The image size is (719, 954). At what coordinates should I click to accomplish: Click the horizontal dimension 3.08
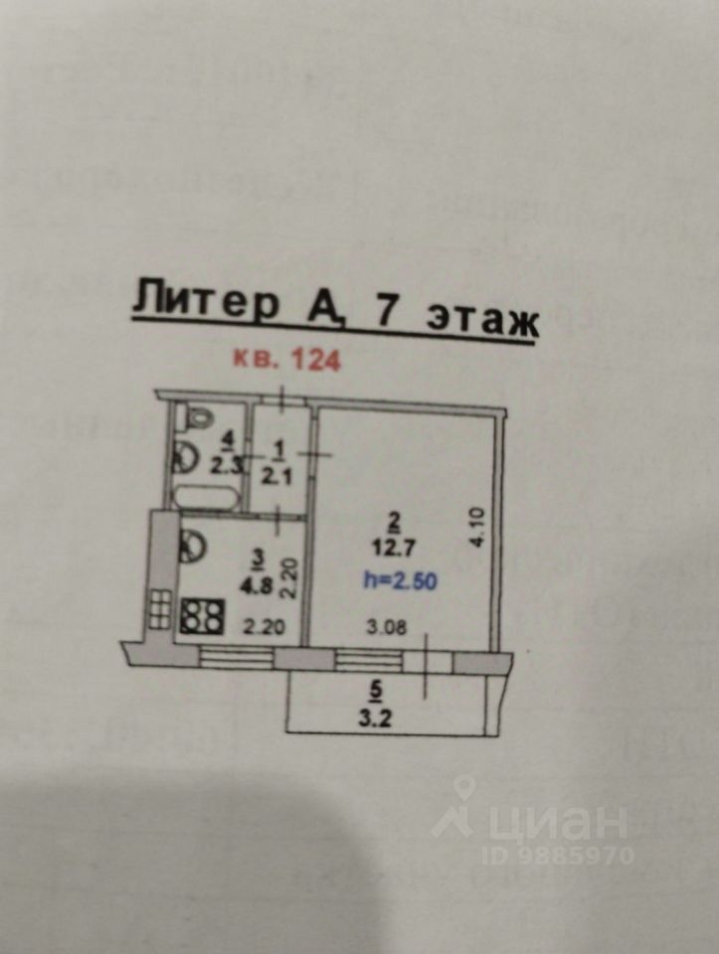[x=387, y=626]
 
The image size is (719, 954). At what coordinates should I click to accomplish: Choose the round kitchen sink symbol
[x=193, y=545]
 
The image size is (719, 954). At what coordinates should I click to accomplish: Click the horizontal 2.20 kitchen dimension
[x=263, y=626]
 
